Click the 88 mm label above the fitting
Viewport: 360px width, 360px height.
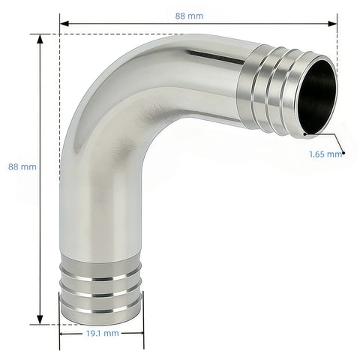[198, 16]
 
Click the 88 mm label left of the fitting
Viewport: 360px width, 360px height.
[22, 166]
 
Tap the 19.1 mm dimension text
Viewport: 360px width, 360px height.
[101, 332]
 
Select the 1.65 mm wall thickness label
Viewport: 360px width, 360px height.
[325, 154]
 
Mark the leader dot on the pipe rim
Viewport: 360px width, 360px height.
[304, 135]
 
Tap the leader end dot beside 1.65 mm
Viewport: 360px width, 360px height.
[344, 153]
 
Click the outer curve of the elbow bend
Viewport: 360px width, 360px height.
[97, 82]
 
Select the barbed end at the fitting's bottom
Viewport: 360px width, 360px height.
[101, 289]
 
